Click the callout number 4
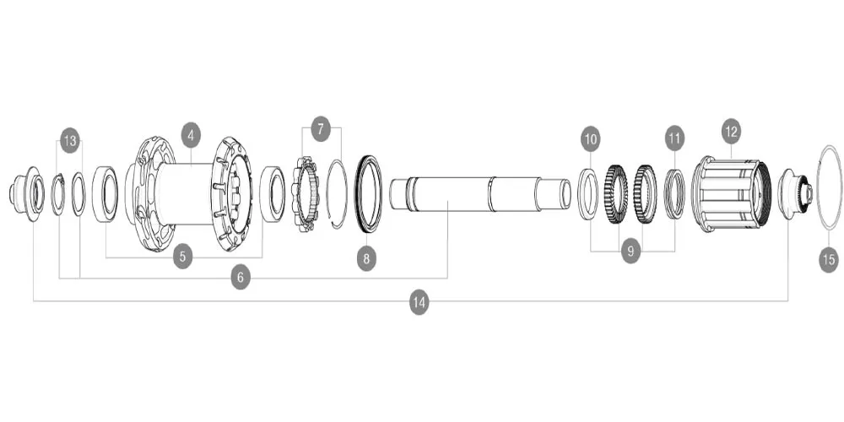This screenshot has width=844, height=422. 192,134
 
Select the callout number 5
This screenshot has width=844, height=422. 184,257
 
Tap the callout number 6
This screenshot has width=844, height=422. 241,277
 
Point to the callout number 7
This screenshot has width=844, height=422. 321,129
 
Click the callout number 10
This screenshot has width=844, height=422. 590,137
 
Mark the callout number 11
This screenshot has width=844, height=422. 674,137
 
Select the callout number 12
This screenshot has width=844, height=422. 731,131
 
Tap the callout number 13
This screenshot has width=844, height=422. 69,141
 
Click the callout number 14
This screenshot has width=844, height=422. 419,301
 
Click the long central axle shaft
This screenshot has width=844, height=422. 473,194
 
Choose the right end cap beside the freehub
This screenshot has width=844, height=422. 793,194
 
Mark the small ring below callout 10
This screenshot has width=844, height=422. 588,194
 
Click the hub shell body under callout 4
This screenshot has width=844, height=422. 190,194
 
